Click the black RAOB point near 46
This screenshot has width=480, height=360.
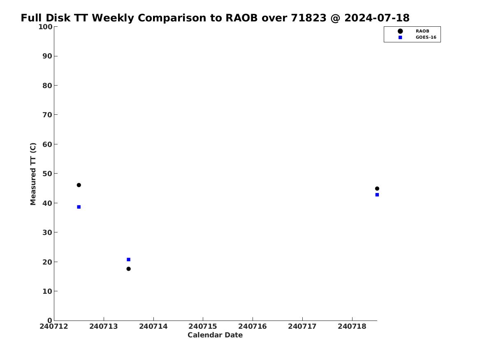click(x=79, y=185)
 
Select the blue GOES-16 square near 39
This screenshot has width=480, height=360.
click(x=79, y=207)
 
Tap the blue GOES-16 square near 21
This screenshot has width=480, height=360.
click(x=129, y=260)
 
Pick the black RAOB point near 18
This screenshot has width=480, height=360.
click(x=129, y=269)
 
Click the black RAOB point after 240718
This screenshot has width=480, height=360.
click(x=377, y=188)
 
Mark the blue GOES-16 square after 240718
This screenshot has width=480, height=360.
click(x=377, y=195)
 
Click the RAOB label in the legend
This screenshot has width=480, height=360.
click(x=422, y=31)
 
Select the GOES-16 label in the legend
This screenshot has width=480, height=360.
click(x=426, y=37)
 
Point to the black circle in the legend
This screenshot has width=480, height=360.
click(x=400, y=31)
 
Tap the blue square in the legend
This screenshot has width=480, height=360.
click(x=400, y=37)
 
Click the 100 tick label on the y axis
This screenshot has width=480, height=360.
click(x=45, y=27)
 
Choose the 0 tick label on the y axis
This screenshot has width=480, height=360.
click(x=50, y=321)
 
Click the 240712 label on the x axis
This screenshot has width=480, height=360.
click(x=54, y=326)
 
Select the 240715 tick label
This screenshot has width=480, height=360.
click(x=203, y=326)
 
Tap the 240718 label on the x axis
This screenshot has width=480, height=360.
click(x=352, y=326)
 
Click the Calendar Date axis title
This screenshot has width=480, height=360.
click(x=215, y=335)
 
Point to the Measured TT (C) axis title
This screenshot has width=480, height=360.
click(x=33, y=174)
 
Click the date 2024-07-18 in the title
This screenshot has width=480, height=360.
click(x=377, y=18)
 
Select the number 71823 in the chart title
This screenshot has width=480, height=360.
click(x=308, y=18)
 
